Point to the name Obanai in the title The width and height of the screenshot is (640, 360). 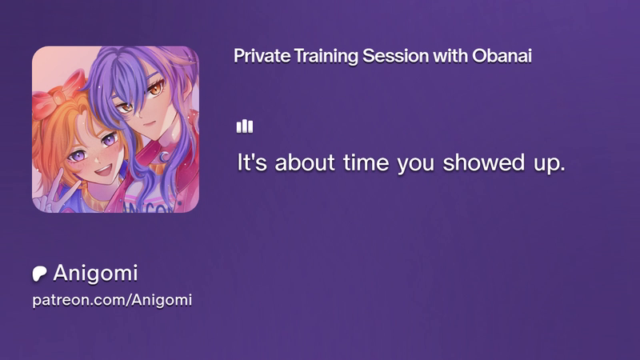(x=502, y=56)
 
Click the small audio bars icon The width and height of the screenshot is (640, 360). (x=245, y=126)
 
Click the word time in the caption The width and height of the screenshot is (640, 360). (x=366, y=162)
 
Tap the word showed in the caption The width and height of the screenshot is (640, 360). (x=484, y=162)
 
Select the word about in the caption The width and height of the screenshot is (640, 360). (x=305, y=162)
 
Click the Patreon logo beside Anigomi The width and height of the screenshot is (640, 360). (x=39, y=274)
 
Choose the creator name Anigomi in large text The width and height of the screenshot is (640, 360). (x=95, y=273)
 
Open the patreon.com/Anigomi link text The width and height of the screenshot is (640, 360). (x=112, y=301)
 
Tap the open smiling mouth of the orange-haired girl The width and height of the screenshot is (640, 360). (x=103, y=170)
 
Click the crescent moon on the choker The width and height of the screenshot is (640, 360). (x=164, y=156)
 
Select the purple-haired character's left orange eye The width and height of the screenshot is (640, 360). (x=155, y=89)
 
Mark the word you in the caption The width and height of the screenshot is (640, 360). (x=416, y=165)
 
